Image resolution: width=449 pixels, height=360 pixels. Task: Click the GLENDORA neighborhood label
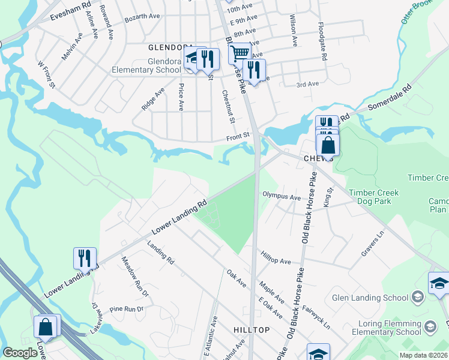[171, 47]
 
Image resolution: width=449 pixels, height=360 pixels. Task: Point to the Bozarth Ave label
[140, 19]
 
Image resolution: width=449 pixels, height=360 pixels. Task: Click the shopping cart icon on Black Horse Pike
[240, 54]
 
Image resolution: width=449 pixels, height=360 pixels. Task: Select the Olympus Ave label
[281, 196]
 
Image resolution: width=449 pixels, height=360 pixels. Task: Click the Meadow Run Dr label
[134, 276]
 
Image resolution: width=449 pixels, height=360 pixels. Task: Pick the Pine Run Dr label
[127, 310]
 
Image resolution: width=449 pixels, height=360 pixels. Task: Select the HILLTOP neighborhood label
[251, 330]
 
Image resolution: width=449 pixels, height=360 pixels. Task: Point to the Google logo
[20, 353]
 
